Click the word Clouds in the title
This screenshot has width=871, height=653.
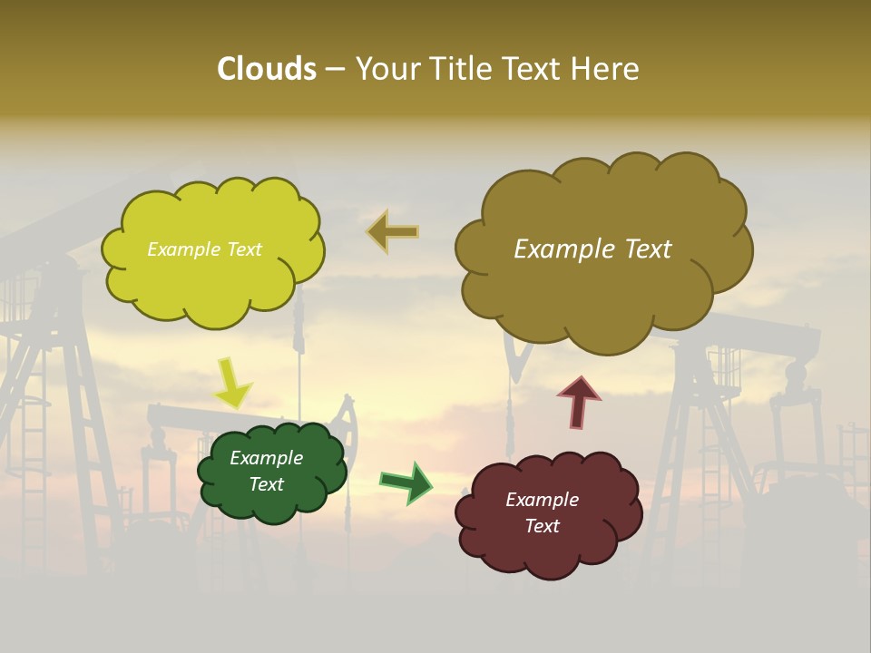pyautogui.click(x=266, y=69)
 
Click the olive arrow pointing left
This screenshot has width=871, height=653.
pyautogui.click(x=393, y=231)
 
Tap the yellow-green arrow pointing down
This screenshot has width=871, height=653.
pyautogui.click(x=231, y=383)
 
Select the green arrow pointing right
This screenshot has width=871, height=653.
pyautogui.click(x=406, y=482)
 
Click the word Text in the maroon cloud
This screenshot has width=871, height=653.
pyautogui.click(x=543, y=526)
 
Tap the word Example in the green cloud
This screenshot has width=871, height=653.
pyautogui.click(x=266, y=458)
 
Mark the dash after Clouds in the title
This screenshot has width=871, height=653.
pyautogui.click(x=334, y=70)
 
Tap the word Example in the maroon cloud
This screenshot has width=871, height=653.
pyautogui.click(x=542, y=500)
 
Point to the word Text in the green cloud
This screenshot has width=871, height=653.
pyautogui.click(x=267, y=484)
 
